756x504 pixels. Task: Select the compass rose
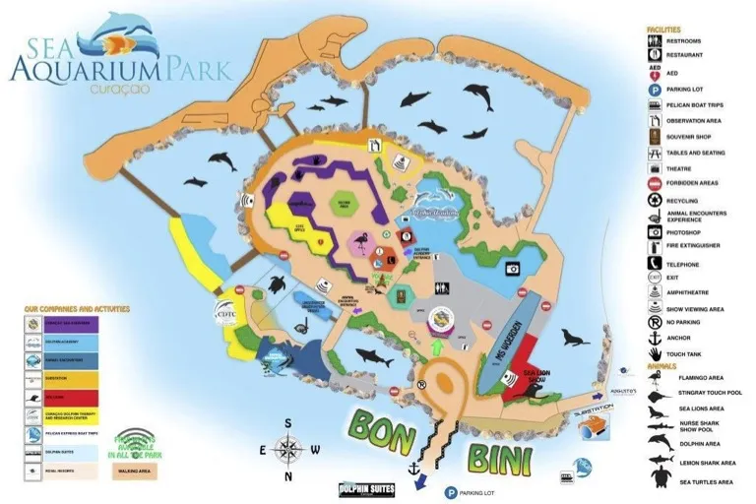tap(288, 450)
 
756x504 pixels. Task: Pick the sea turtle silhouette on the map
tap(278, 285)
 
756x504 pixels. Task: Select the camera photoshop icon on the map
tap(512, 268)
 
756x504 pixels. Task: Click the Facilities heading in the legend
tap(663, 30)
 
